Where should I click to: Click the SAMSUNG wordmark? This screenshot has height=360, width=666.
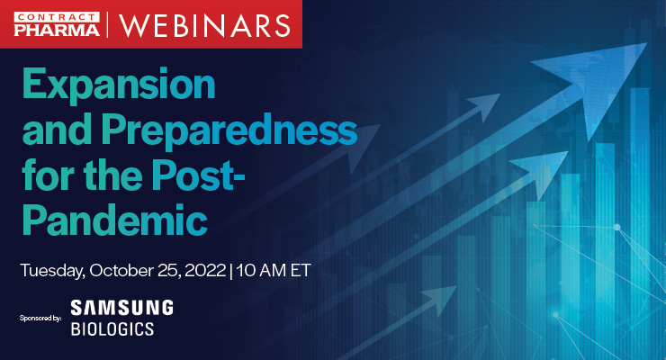[121, 308]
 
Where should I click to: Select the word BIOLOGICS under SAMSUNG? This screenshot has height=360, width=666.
[112, 328]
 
